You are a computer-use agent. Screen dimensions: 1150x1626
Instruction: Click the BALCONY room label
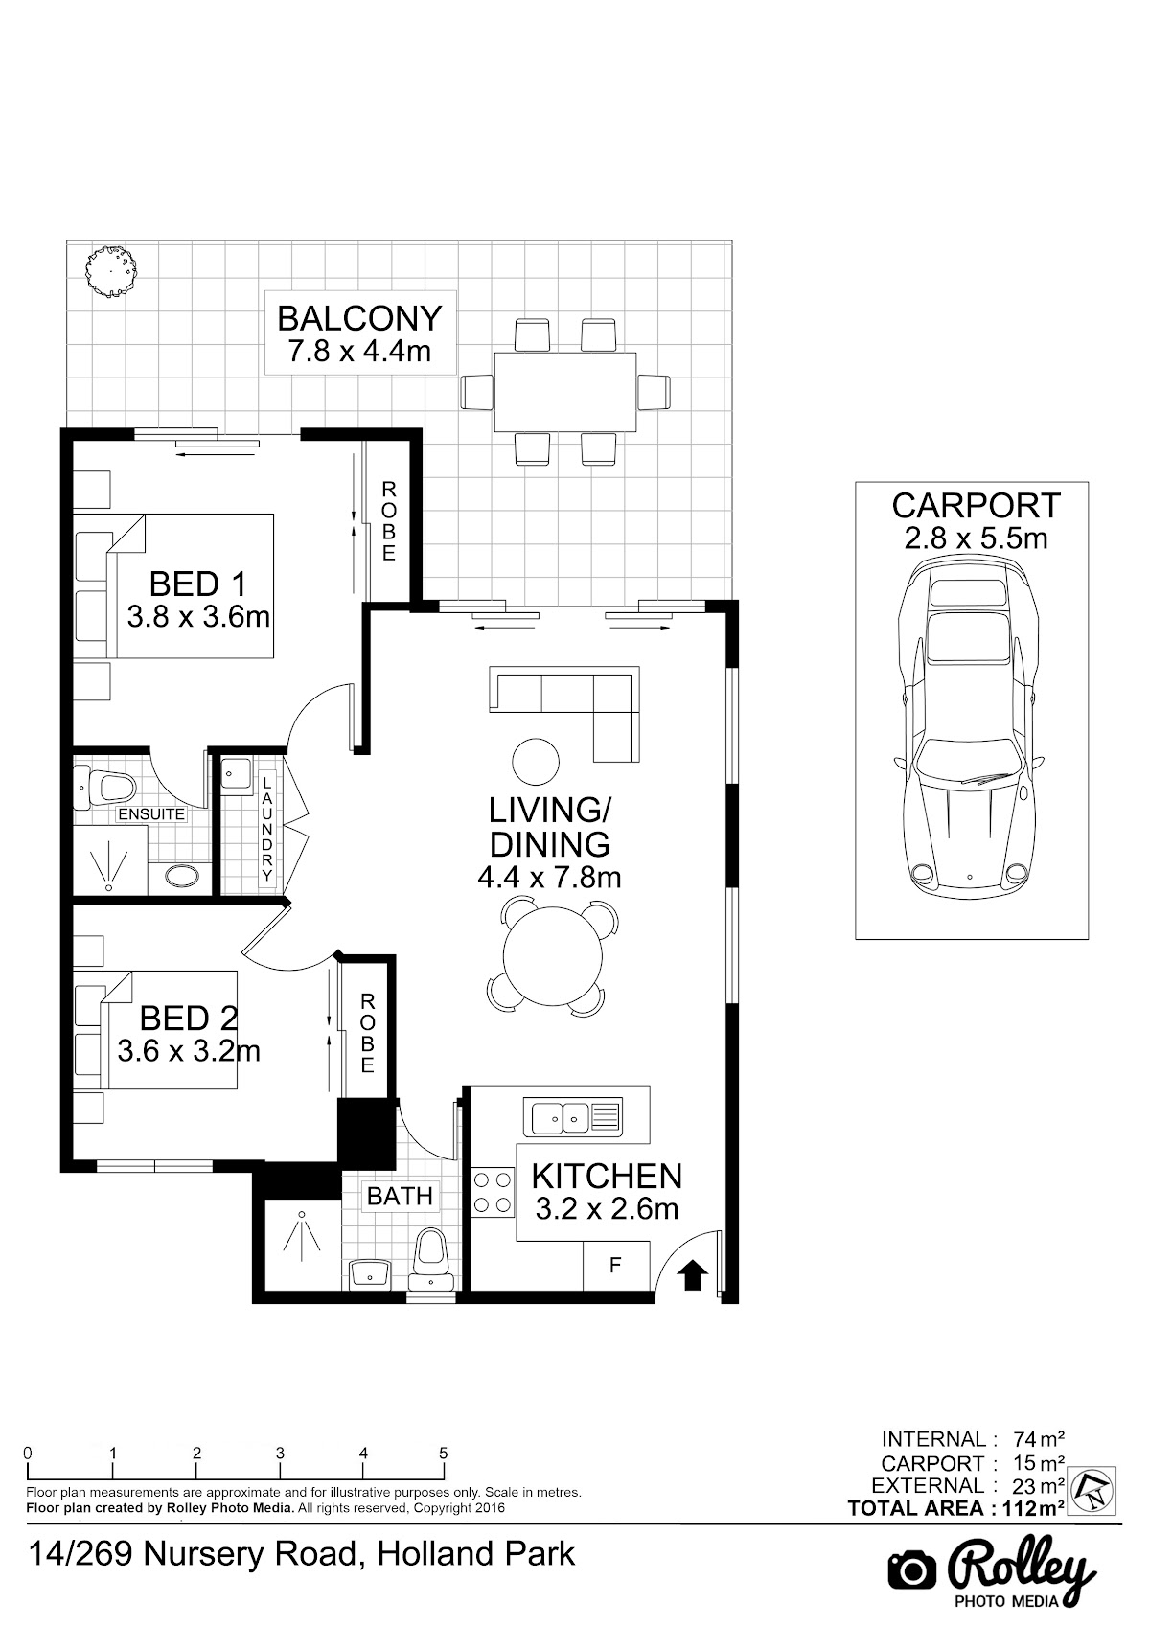click(359, 319)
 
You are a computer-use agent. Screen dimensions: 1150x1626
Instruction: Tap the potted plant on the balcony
click(110, 271)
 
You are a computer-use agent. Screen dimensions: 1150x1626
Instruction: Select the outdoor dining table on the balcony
click(565, 392)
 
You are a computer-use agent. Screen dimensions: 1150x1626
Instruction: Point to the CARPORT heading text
click(976, 506)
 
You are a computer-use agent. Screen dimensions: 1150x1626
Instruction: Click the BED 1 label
click(197, 584)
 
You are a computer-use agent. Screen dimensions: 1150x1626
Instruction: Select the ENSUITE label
click(151, 813)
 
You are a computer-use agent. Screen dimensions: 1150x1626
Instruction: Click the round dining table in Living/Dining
click(553, 956)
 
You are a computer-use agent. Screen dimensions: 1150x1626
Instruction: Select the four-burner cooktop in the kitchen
click(492, 1194)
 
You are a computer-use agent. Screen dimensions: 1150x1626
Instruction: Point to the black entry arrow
click(692, 1274)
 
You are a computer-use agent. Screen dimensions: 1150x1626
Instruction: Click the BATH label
click(400, 1195)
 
